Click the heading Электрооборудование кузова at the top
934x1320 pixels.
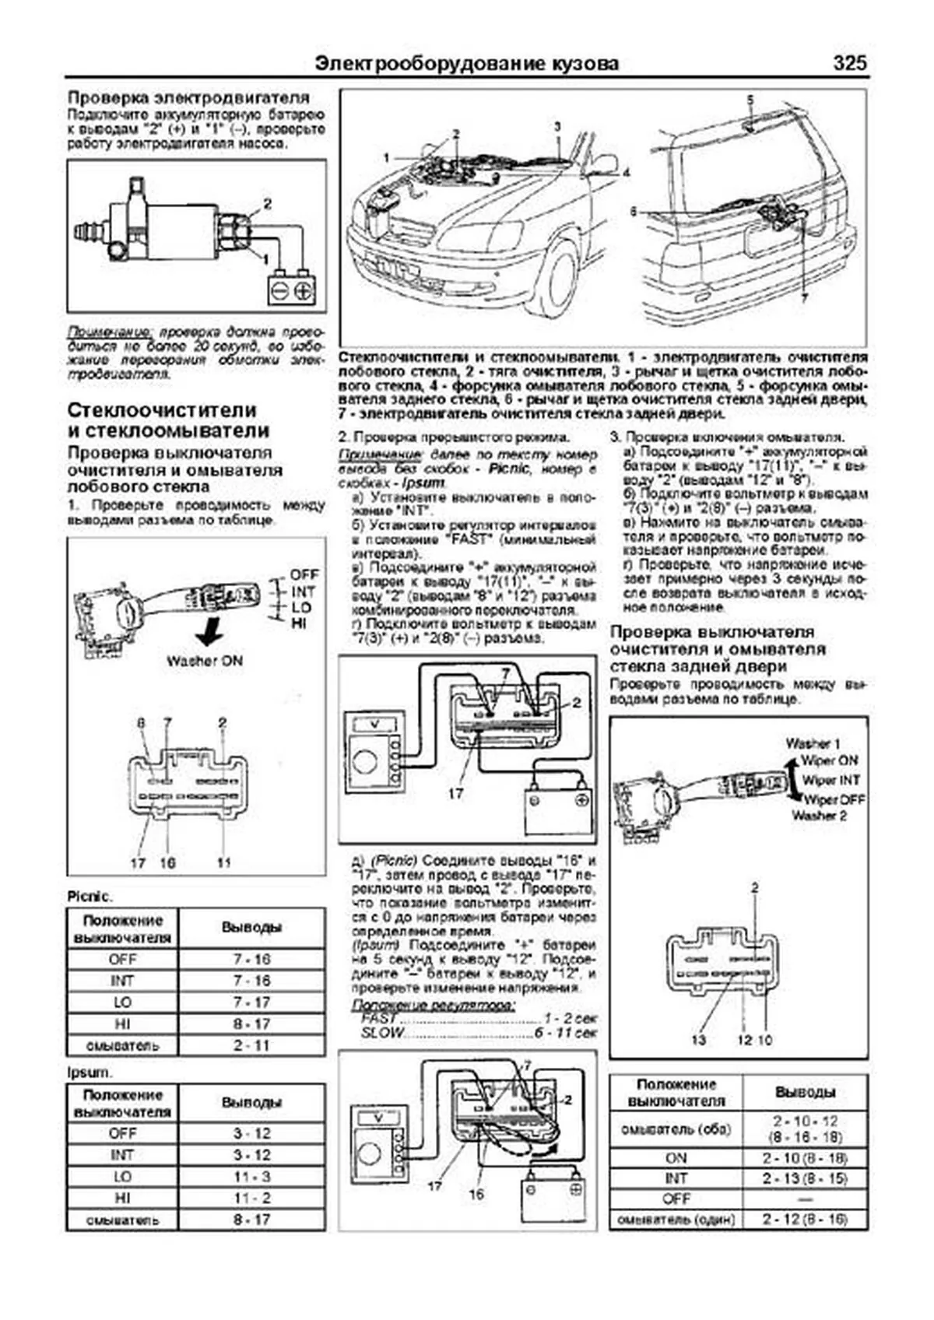(x=467, y=64)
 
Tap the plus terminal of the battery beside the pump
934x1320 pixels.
(x=304, y=291)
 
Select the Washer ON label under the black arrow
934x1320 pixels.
(x=204, y=661)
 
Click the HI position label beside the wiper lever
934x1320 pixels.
(x=299, y=623)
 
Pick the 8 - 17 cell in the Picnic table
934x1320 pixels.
(x=251, y=1024)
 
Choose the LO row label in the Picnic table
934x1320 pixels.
(x=122, y=1002)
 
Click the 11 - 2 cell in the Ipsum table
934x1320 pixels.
(x=251, y=1198)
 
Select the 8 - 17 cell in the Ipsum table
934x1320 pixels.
(x=251, y=1220)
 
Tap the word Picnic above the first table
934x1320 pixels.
(x=89, y=897)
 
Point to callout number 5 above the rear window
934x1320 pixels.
(x=750, y=100)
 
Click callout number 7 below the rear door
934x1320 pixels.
(x=804, y=298)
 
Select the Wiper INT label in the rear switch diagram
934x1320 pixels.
(x=830, y=780)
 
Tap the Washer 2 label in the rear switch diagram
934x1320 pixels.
(x=819, y=816)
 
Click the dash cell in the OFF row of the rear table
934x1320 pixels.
(x=805, y=1199)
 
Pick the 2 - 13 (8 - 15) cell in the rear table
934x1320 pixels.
(x=805, y=1178)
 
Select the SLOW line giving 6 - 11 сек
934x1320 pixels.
(x=478, y=1033)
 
